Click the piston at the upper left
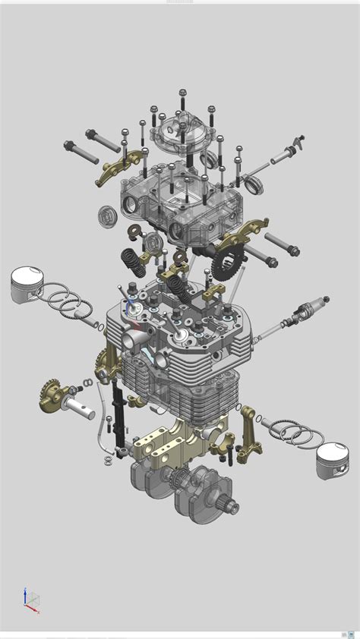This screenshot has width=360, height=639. point(30,285)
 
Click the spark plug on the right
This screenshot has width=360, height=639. point(310,310)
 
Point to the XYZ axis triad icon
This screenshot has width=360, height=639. point(30,599)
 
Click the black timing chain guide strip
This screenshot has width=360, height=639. point(118,414)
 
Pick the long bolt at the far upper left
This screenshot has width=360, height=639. point(81,152)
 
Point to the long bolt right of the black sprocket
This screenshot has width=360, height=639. point(281,244)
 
